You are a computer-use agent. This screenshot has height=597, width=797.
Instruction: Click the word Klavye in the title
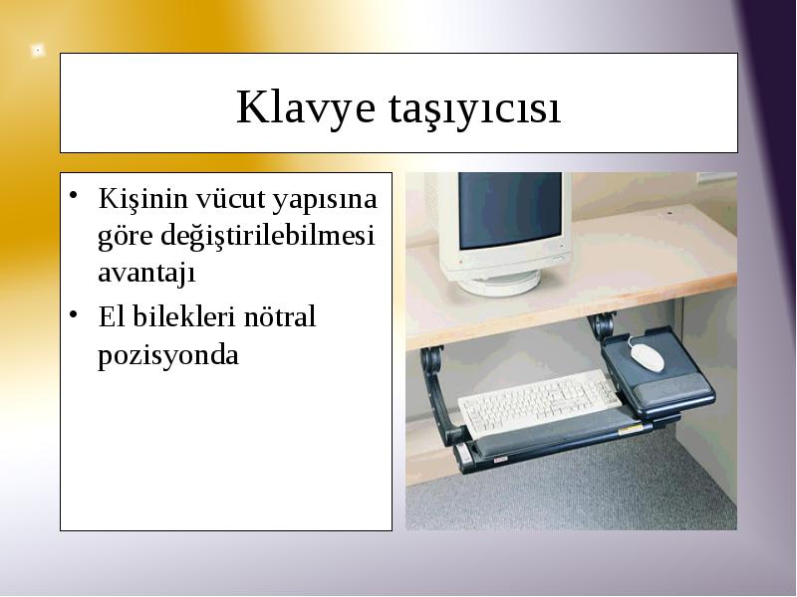pos(306,107)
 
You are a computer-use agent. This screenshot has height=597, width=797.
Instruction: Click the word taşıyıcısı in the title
pos(475,109)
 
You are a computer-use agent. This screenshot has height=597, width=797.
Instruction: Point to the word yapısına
pos(325,201)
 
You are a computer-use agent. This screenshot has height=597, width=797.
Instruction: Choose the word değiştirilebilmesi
pos(267,236)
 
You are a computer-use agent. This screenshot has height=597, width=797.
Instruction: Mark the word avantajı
pos(146,273)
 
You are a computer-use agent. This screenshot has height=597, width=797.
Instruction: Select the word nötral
pos(280,316)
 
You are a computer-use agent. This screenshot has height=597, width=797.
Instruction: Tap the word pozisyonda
pos(168,355)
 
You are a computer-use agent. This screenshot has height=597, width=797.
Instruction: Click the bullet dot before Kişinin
pos(74,195)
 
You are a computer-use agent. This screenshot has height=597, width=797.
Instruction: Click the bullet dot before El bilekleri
pos(74,313)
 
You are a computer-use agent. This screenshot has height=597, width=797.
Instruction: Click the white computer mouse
pos(647,357)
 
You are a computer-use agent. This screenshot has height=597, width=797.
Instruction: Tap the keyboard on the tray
pos(540,402)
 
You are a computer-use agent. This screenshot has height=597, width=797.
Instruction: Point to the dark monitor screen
pos(510,210)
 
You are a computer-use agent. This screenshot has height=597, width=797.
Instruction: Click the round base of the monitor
pos(498,283)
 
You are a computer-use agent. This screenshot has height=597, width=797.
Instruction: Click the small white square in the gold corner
pos(37,51)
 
